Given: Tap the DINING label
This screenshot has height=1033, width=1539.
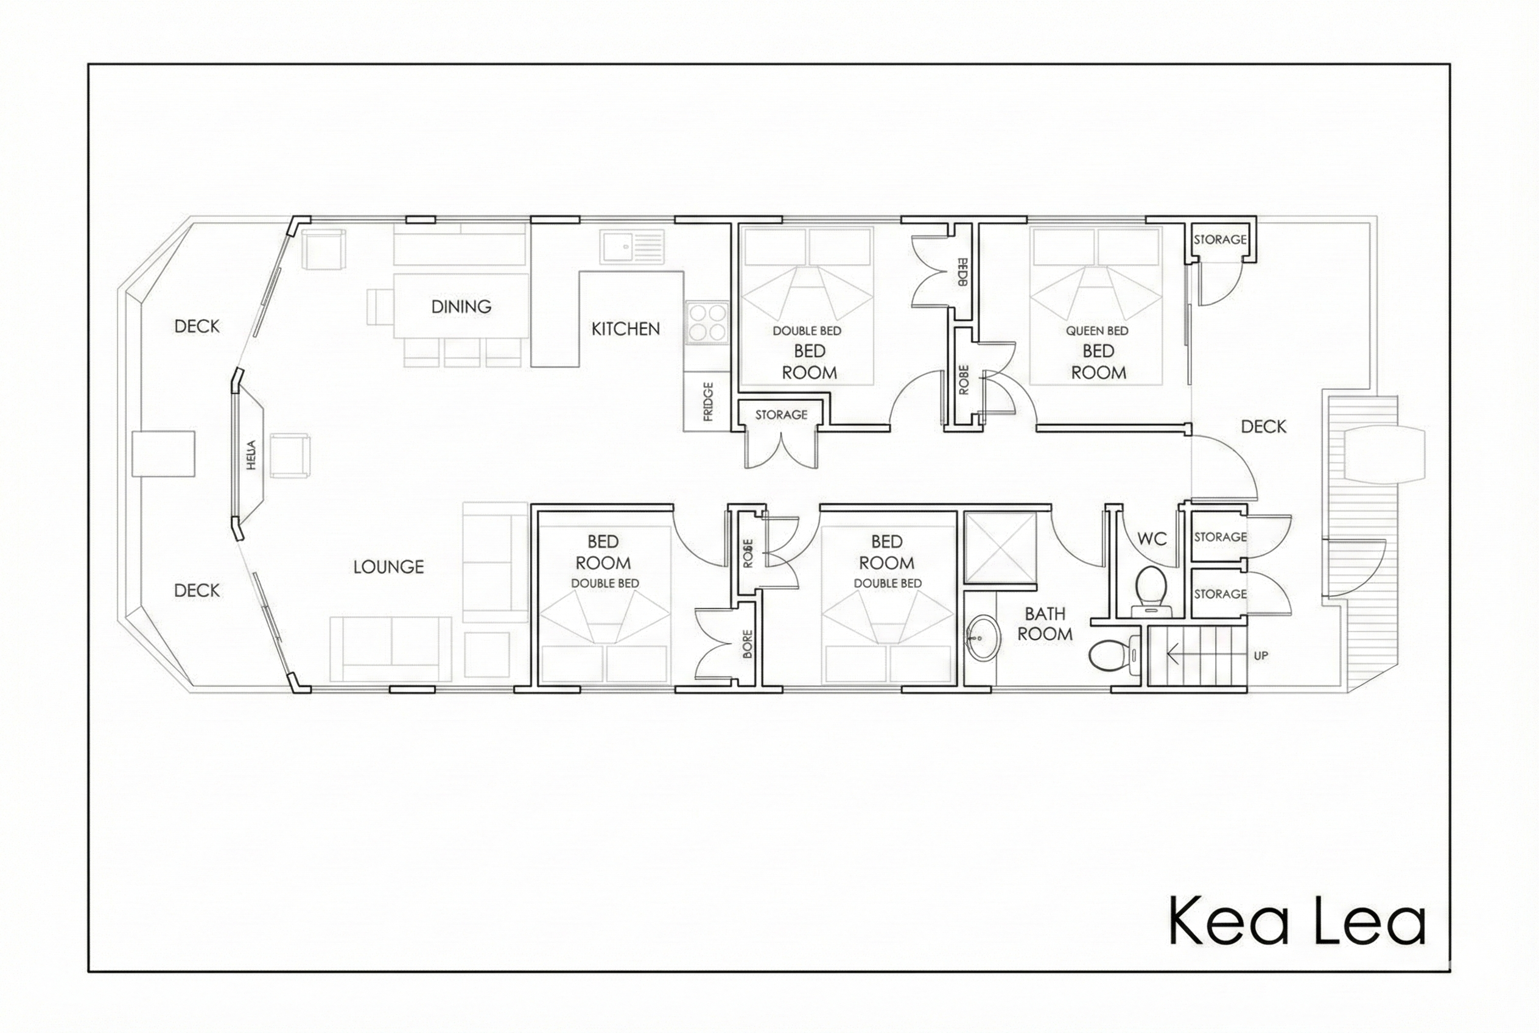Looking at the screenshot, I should click(461, 306).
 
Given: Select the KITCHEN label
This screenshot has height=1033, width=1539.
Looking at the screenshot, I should click(625, 329).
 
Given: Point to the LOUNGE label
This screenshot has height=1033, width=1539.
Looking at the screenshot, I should click(388, 566).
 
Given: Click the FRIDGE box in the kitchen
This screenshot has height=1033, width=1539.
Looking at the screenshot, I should click(707, 401).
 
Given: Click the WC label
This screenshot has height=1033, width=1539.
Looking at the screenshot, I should click(1152, 539).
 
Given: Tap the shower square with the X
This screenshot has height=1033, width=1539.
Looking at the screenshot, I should click(1000, 548).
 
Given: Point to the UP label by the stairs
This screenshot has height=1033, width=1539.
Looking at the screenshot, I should click(1260, 655).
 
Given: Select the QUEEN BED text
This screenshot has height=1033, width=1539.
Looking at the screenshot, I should click(1097, 331).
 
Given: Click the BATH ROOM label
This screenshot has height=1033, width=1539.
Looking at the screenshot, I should click(1045, 624).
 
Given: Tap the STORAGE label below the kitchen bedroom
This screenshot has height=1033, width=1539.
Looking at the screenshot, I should click(781, 414).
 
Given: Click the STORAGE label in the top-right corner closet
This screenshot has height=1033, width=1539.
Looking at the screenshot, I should click(1219, 240).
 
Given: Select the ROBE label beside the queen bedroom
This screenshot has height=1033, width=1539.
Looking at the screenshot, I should click(964, 379).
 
